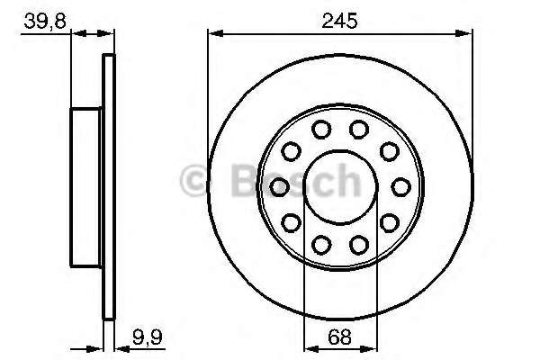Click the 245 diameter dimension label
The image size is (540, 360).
[x=339, y=17]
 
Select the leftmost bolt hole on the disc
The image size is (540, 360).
[x=279, y=186]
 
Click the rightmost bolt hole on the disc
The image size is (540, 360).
[x=400, y=186]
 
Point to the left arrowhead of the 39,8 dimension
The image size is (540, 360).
[x=75, y=34]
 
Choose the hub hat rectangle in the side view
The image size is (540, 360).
[x=88, y=186]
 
